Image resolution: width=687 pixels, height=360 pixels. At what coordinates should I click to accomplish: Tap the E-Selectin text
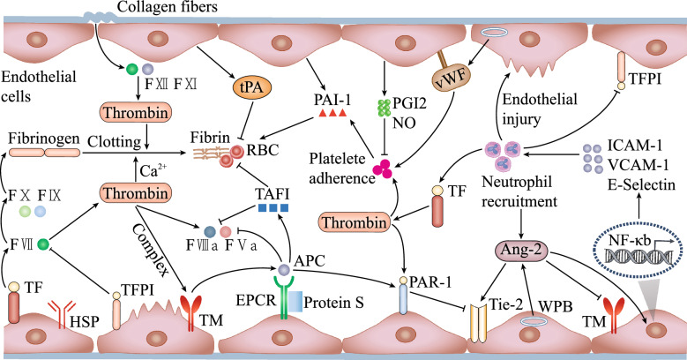pyautogui.click(x=643, y=184)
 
